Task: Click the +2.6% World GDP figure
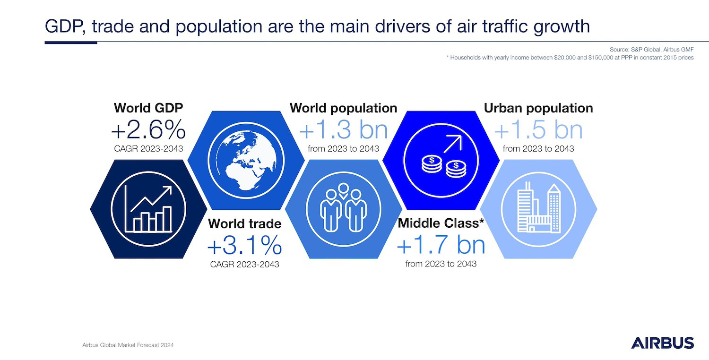pos(148,130)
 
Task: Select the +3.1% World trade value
pos(244,246)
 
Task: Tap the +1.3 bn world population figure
pos(344,130)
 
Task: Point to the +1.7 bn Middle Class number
pos(441,245)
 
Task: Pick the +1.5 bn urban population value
pos(538,130)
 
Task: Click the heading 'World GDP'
pos(148,108)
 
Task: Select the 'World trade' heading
pos(245,223)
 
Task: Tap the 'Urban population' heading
pos(538,108)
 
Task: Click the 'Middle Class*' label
pos(441,223)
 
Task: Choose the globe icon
pos(246,160)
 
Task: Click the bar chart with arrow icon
pos(149,209)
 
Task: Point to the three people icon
pos(344,207)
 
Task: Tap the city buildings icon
pos(539,207)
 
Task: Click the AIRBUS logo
pos(663,343)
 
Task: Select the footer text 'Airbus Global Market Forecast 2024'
pos(128,345)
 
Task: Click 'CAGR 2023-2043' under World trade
pos(245,265)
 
